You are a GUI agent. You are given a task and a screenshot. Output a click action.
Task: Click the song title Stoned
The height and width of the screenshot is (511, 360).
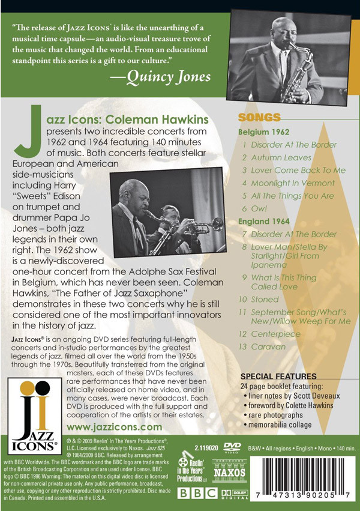click(x=265, y=299)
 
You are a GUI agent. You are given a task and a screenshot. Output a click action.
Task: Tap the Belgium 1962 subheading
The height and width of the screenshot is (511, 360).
click(x=264, y=132)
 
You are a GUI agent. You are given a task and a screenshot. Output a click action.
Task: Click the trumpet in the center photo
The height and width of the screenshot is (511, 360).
click(x=192, y=225)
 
